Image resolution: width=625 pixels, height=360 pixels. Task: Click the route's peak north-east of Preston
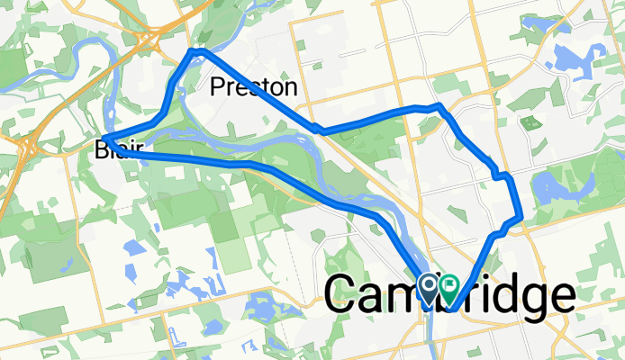tap(439, 106)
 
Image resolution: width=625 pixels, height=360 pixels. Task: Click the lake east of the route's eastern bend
tap(553, 190)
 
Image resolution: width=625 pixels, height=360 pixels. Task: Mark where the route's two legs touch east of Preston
tap(320, 130)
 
